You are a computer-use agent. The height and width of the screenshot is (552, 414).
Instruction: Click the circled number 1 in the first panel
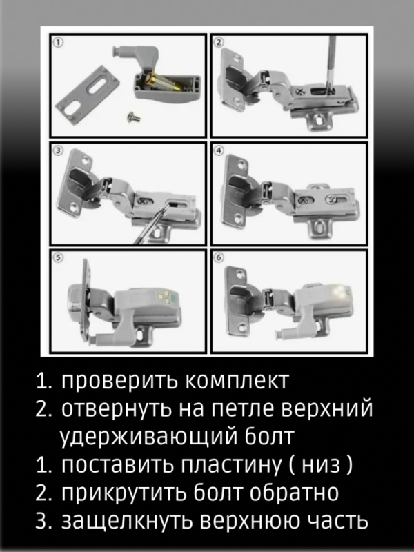59,42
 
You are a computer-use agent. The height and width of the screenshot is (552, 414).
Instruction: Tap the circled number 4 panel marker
219,150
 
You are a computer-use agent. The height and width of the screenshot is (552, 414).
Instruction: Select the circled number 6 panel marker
219,258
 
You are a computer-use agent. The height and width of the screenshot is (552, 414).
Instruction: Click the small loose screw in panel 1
133,118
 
